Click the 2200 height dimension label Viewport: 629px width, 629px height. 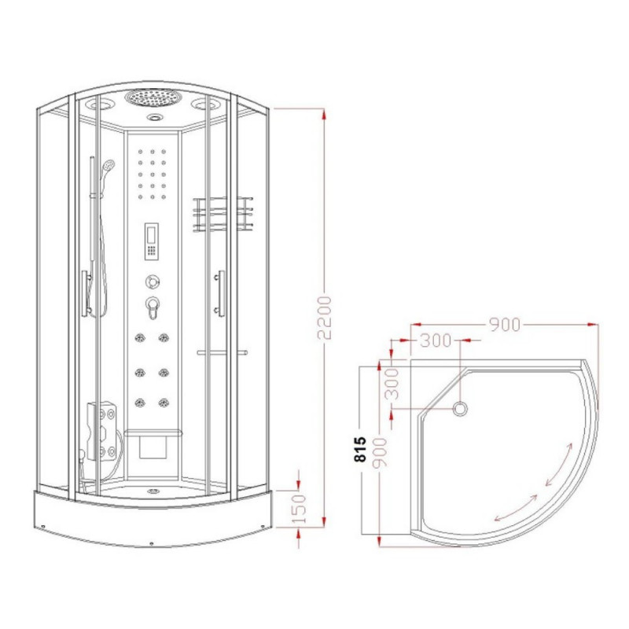[x=325, y=318]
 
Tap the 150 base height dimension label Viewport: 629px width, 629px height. [x=299, y=509]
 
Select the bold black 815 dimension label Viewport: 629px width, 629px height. [x=361, y=449]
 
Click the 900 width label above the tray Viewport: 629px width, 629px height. [x=505, y=325]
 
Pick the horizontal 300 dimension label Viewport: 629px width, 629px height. [x=436, y=340]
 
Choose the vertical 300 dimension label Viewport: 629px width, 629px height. [x=392, y=384]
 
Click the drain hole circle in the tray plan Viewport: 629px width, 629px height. [x=460, y=409]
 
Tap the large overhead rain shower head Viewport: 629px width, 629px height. [x=153, y=99]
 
